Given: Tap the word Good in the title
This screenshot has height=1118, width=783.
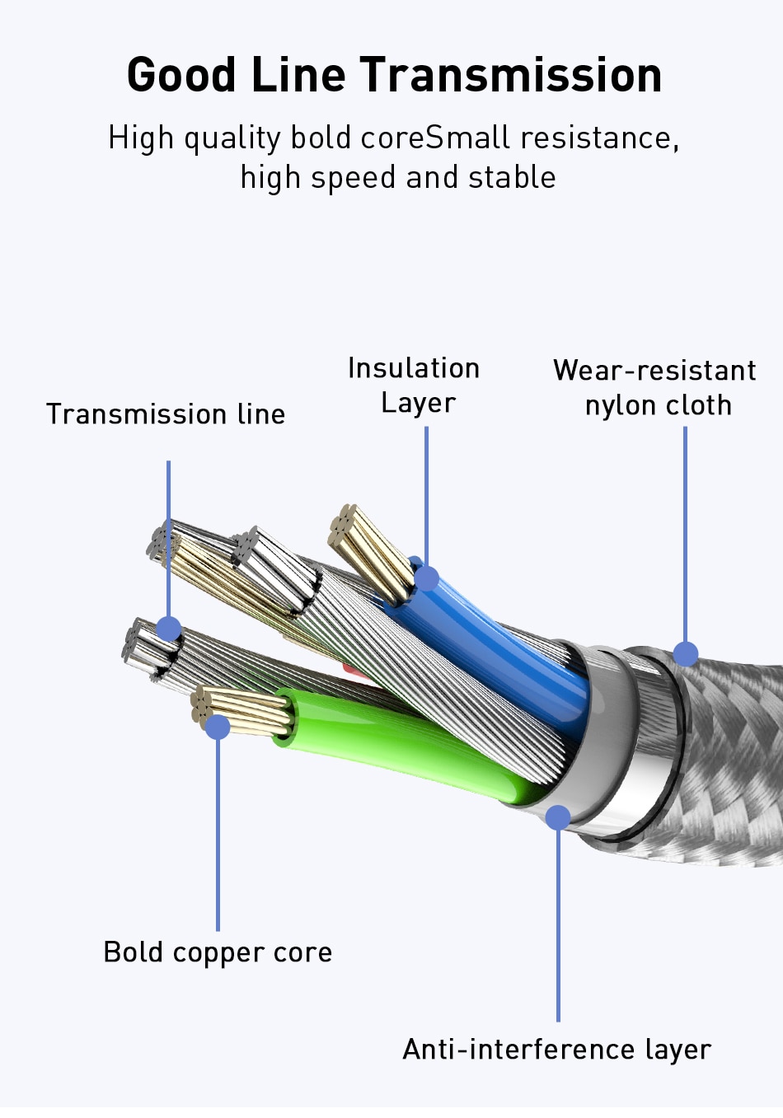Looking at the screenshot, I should click(181, 75).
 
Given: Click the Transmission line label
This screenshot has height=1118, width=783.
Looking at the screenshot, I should click(166, 414).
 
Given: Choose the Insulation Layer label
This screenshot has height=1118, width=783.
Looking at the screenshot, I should click(414, 386).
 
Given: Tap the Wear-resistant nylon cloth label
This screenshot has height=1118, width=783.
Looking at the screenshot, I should click(655, 387).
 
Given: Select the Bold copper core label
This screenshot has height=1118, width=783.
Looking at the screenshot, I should click(218, 952).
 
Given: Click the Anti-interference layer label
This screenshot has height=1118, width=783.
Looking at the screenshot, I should click(557, 1050).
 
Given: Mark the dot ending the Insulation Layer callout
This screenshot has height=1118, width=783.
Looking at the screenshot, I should click(426, 578).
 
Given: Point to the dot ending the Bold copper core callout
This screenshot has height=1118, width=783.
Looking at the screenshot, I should click(218, 727).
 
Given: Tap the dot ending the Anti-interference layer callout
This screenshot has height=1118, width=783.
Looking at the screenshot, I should click(558, 817).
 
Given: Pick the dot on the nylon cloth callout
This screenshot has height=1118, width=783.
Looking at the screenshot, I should click(686, 654).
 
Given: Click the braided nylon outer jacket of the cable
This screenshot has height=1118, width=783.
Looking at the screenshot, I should click(725, 758).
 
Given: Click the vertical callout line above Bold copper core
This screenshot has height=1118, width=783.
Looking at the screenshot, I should click(218, 832).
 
